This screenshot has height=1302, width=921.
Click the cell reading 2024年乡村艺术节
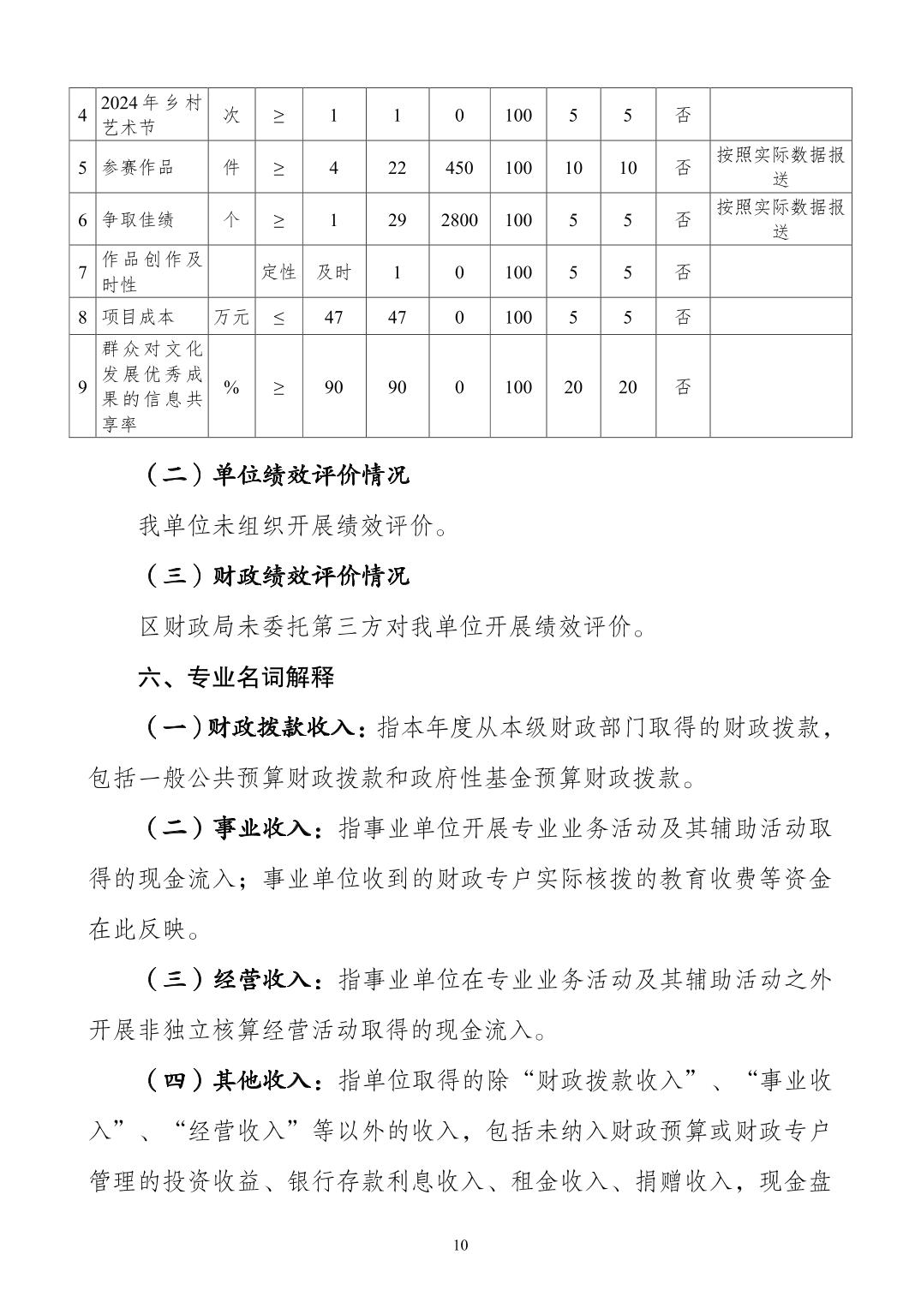[x=152, y=116]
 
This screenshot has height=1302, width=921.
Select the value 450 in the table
[x=459, y=168]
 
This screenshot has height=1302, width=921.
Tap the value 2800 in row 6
[x=459, y=220]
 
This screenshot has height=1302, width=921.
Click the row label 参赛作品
[x=138, y=168]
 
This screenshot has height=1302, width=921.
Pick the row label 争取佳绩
[x=138, y=220]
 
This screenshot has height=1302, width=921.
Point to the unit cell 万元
[x=231, y=317]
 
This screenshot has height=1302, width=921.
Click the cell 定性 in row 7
[x=278, y=272]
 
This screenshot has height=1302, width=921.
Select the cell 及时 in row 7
[x=333, y=272]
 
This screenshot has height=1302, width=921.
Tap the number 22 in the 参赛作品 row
[x=397, y=168]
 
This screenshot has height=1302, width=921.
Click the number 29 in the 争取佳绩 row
[x=397, y=220]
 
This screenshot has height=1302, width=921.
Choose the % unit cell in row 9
[x=231, y=387]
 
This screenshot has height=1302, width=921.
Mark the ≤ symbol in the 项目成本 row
[x=278, y=317]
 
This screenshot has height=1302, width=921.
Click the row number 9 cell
[x=82, y=387]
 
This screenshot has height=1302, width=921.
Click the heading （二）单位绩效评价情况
[x=273, y=475]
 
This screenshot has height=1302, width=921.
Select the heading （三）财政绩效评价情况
[x=273, y=576]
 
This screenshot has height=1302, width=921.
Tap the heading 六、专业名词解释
[x=236, y=678]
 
